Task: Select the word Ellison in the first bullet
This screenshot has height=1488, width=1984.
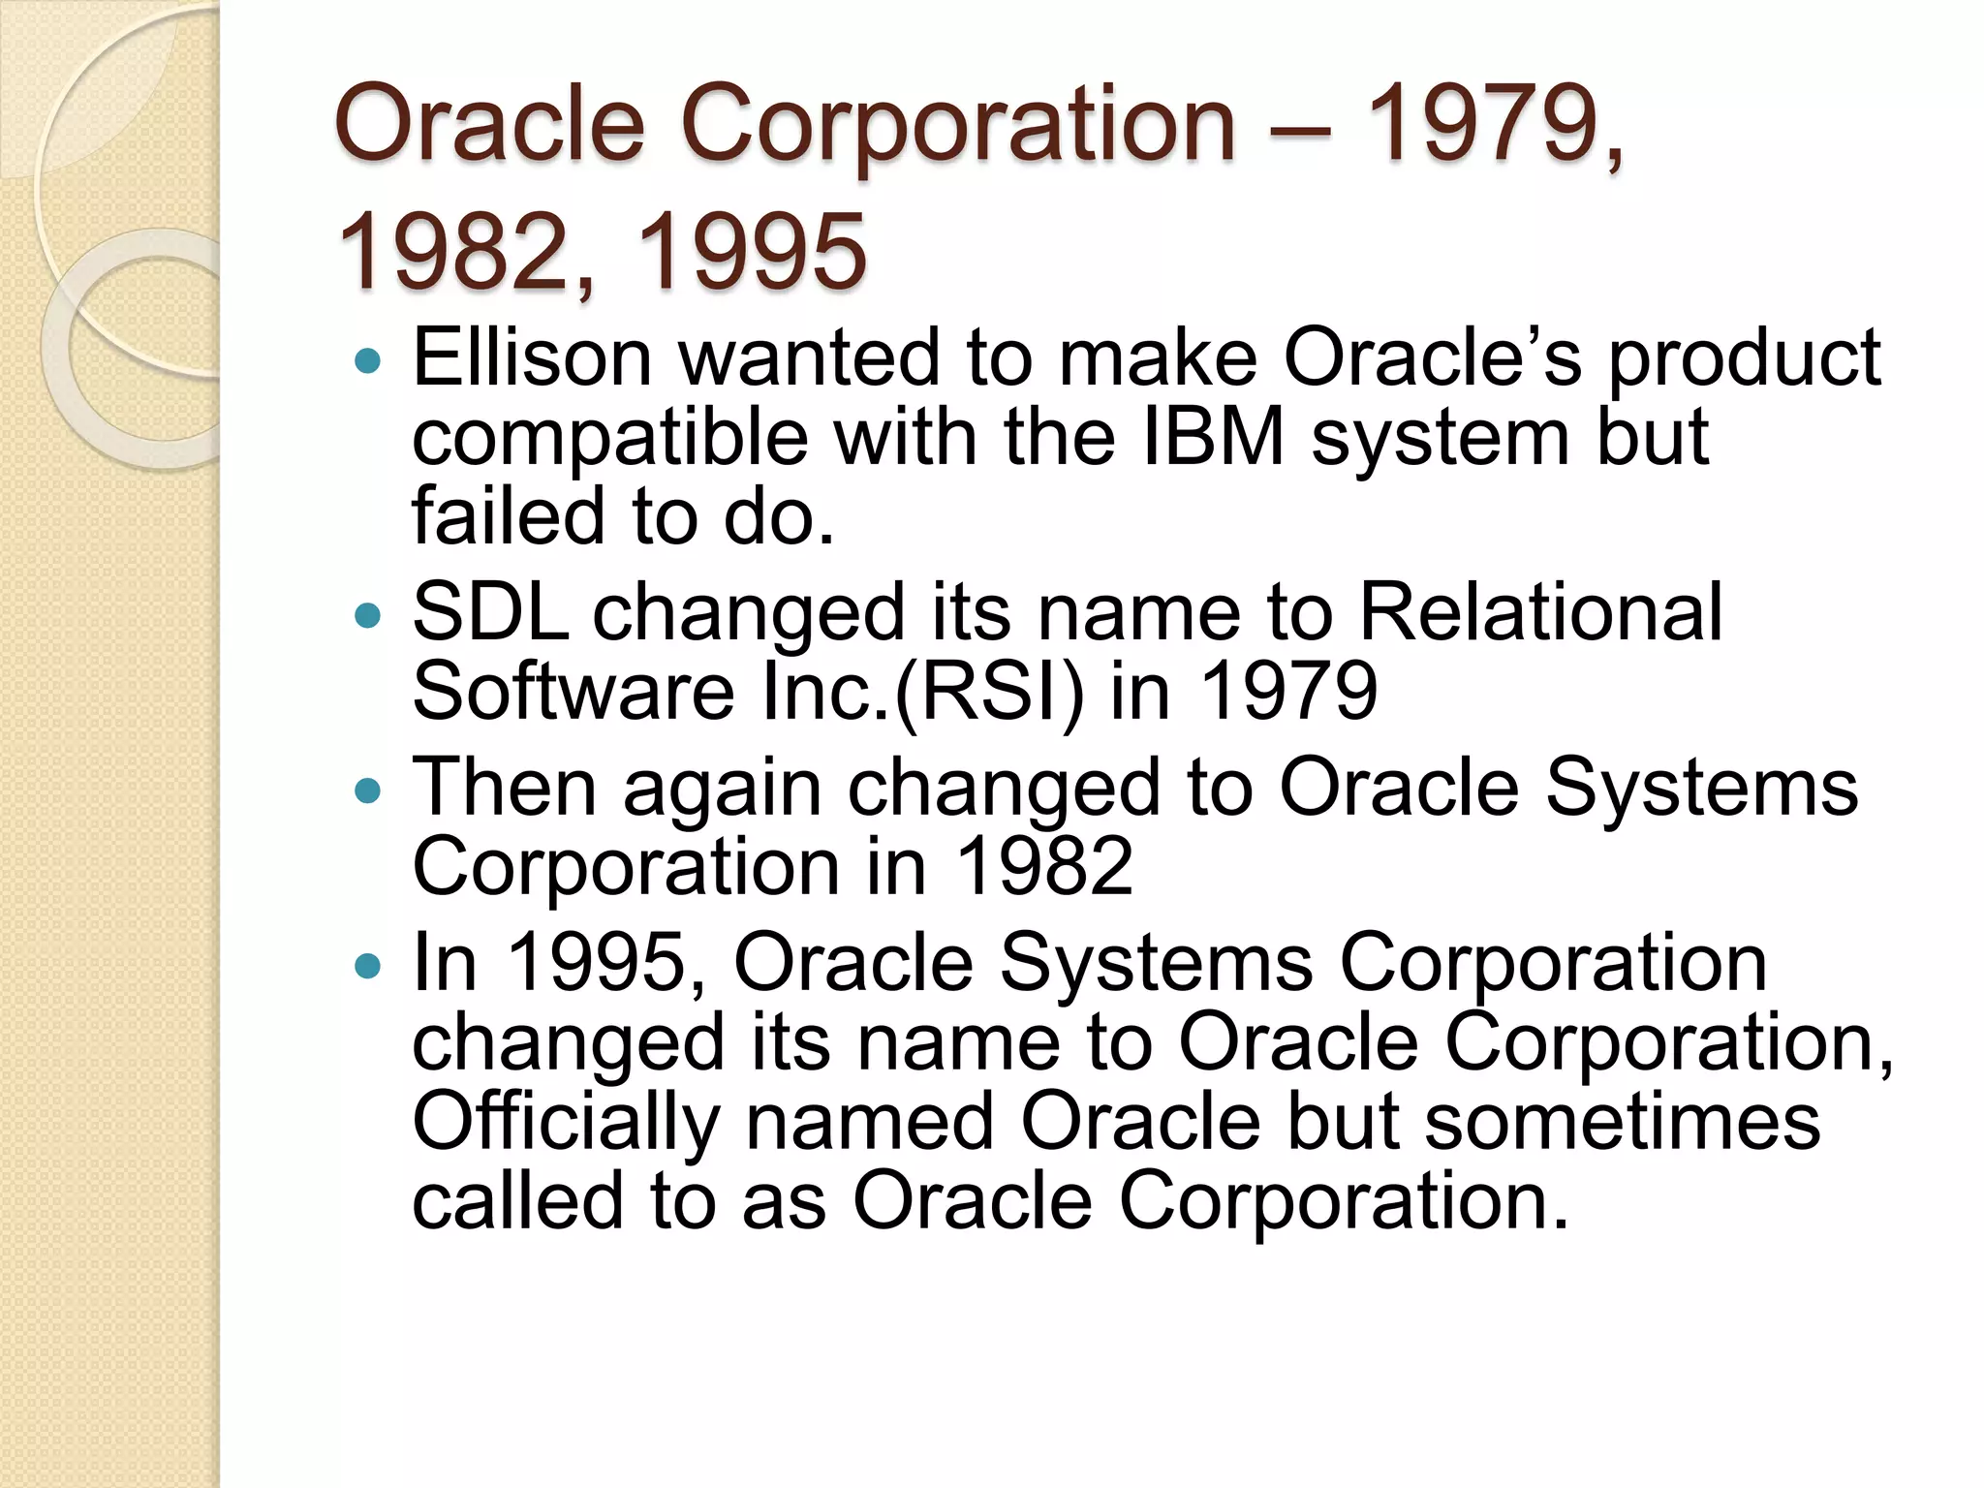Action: click(x=532, y=358)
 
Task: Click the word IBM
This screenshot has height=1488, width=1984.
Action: click(x=1213, y=438)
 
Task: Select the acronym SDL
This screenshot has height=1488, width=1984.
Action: click(x=490, y=613)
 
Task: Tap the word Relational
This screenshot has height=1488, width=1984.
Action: click(x=1540, y=613)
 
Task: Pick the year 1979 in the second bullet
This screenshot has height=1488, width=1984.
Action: click(x=1287, y=693)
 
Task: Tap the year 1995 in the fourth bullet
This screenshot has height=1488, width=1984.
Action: click(x=598, y=964)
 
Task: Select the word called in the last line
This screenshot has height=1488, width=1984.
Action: click(x=517, y=1202)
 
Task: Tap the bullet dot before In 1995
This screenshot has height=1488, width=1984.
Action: click(x=369, y=967)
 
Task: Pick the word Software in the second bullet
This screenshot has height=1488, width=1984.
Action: click(x=573, y=693)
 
